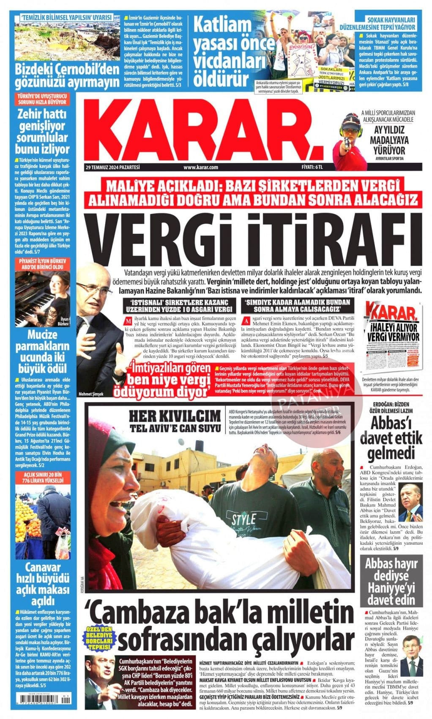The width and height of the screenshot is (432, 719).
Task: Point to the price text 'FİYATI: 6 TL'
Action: [x=312, y=167]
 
